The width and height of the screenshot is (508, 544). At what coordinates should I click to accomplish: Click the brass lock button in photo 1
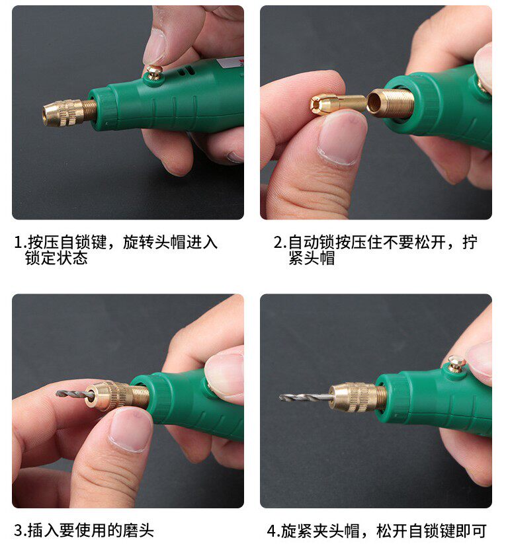[x=153, y=73]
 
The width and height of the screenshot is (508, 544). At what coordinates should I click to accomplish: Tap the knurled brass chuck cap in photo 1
[x=63, y=112]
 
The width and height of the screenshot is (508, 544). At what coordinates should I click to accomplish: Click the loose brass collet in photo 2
[x=338, y=103]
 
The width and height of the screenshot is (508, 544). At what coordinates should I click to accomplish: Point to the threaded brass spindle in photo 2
[x=391, y=102]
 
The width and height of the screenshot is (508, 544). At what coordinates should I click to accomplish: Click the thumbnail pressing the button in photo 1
[x=154, y=47]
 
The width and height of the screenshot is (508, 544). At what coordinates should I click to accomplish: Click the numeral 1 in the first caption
[x=18, y=242]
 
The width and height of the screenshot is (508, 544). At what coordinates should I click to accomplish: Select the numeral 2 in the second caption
[x=278, y=242]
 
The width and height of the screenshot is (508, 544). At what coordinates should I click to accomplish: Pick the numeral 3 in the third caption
[x=19, y=531]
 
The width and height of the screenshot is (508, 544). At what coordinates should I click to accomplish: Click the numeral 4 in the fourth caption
[x=272, y=531]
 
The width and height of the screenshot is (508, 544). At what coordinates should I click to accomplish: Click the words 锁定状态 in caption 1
[x=56, y=258]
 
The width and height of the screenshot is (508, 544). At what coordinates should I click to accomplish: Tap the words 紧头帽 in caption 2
[x=312, y=258]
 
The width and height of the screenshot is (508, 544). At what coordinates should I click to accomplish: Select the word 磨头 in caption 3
[x=138, y=531]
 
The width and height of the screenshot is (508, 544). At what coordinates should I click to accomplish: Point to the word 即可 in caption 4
[x=471, y=531]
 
